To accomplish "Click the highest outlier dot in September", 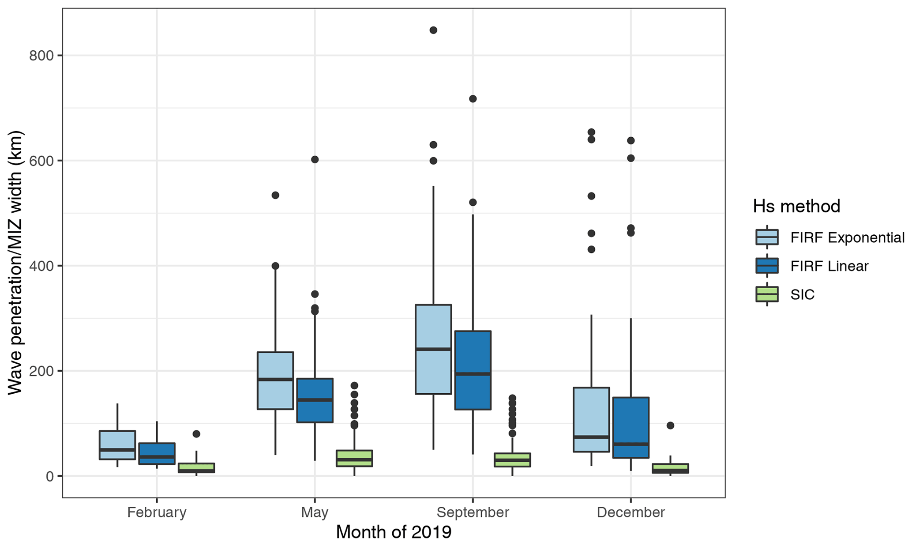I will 433,30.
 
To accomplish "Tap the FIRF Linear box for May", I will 315,400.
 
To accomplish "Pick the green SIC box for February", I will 196,468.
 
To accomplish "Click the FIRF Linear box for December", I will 631,427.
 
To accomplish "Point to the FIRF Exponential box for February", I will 117,445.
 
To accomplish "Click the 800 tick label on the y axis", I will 41,56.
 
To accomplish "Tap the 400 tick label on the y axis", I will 41,266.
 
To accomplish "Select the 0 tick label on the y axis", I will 49,476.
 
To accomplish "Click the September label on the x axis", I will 473,512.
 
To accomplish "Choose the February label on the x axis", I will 157,512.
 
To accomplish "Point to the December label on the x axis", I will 631,512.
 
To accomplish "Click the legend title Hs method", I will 796,206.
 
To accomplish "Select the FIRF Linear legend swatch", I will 767,266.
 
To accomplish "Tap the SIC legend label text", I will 802,294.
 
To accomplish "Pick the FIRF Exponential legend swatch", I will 767,237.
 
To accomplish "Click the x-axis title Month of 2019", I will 394,532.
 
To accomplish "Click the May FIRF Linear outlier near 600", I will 315,159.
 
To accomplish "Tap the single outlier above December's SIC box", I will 670,426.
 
